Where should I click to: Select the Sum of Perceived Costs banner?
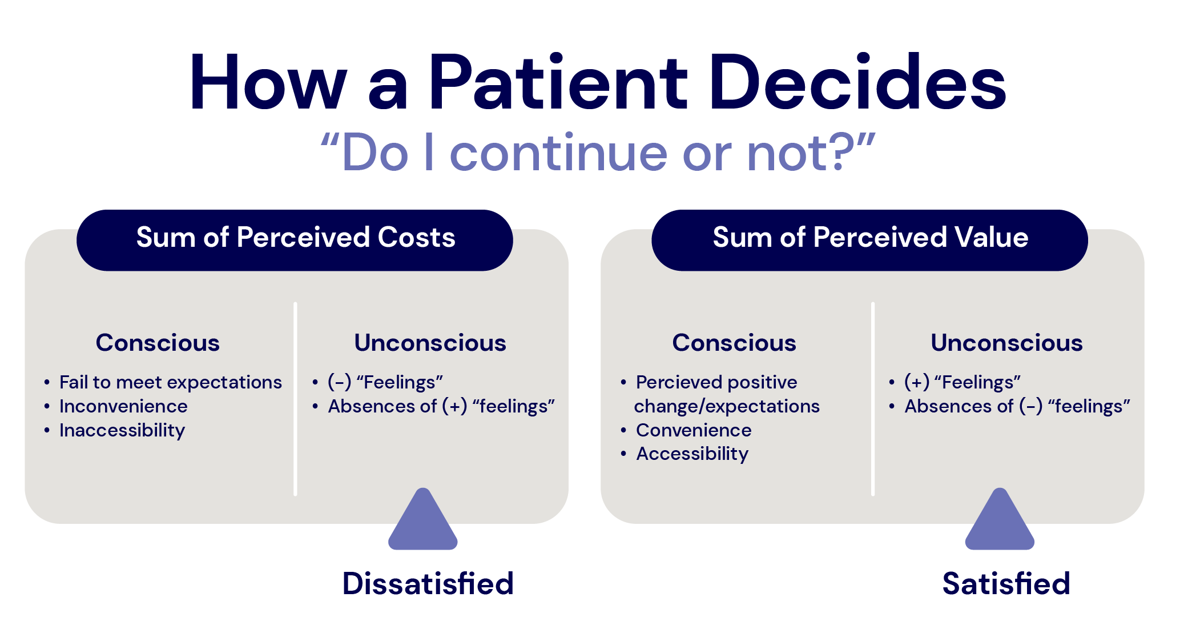(295, 238)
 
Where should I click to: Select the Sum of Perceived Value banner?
(870, 238)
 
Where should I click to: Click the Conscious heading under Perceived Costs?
(158, 343)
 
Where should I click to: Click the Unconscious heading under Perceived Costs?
(430, 343)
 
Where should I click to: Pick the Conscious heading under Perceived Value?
(734, 343)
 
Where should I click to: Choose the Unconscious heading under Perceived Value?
(1006, 343)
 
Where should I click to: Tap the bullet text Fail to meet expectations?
(170, 382)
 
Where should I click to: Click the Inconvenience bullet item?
(123, 406)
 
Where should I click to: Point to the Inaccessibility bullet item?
(122, 430)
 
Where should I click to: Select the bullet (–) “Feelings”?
(385, 382)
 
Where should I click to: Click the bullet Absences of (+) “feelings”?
(441, 406)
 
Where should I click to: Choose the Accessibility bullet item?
(692, 454)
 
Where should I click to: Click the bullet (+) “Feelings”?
(963, 382)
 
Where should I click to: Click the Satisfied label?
(1006, 584)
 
